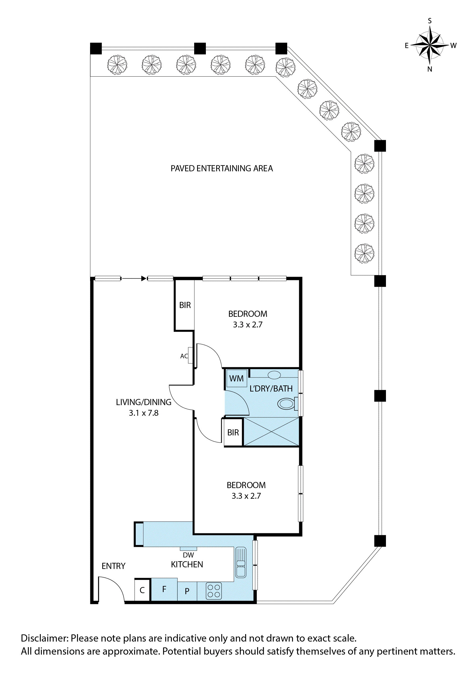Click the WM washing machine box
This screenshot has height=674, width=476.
pos(236,378)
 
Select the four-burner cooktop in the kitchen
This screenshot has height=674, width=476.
pos(214,591)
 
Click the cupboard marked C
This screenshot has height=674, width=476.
pos(142,590)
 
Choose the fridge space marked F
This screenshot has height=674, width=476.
pos(164,589)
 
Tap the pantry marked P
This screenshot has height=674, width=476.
pos(187,591)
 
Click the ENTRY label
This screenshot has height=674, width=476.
pos(113,566)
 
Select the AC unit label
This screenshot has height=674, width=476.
pos(184,356)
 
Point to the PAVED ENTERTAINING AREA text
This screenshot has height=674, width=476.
pos(222,169)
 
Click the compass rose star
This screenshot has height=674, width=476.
pos(430,45)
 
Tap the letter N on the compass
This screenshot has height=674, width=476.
pos(430,69)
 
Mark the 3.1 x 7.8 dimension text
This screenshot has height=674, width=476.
pos(144,413)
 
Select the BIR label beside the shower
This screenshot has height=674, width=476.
pos(233,432)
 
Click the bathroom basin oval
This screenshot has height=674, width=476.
pos(274,375)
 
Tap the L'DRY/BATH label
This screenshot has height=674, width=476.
pos(271,389)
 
